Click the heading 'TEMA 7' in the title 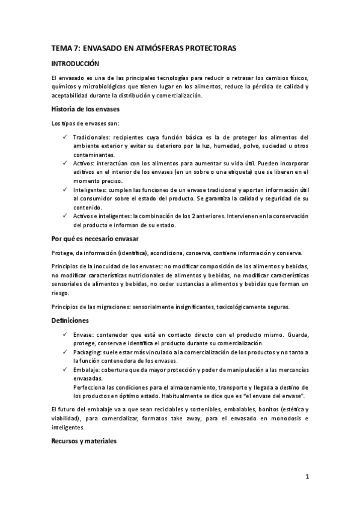pyautogui.click(x=63, y=48)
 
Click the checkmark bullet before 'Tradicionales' pyautogui.click(x=64, y=137)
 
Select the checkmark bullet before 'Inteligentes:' pyautogui.click(x=64, y=189)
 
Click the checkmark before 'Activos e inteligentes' pyautogui.click(x=64, y=216)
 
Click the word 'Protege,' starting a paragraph pyautogui.click(x=63, y=253)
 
